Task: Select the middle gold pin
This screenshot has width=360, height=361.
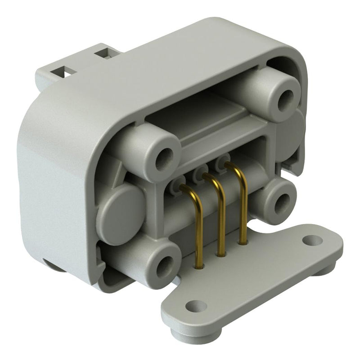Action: click(220, 220)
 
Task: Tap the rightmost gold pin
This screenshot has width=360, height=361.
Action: click(243, 211)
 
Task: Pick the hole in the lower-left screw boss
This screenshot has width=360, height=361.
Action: click(164, 264)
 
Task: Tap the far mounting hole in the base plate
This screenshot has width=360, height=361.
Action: click(312, 241)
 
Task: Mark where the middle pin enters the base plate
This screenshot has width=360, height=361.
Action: click(220, 254)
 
